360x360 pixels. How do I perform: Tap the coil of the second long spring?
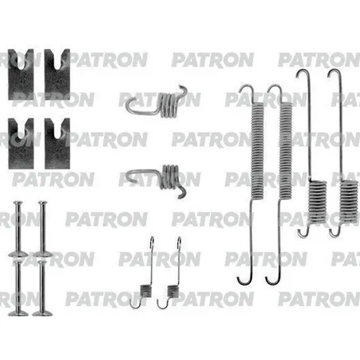pyautogui.click(x=285, y=150)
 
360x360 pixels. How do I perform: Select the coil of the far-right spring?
pyautogui.click(x=349, y=201)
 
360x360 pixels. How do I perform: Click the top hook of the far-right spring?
pyautogui.click(x=334, y=75)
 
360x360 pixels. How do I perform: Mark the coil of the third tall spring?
pyautogui.click(x=317, y=202)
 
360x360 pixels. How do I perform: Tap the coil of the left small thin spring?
pyautogui.click(x=145, y=291)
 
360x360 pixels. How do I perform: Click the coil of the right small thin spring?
pyautogui.click(x=173, y=291)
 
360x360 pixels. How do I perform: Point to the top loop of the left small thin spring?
pyautogui.click(x=152, y=242)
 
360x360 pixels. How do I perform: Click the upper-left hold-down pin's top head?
pyautogui.click(x=18, y=203)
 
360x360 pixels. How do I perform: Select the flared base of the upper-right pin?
pyautogui.click(x=42, y=254)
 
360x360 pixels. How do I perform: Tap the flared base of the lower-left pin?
pyautogui.click(x=18, y=313)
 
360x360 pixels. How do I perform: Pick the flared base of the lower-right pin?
pyautogui.click(x=42, y=313)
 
